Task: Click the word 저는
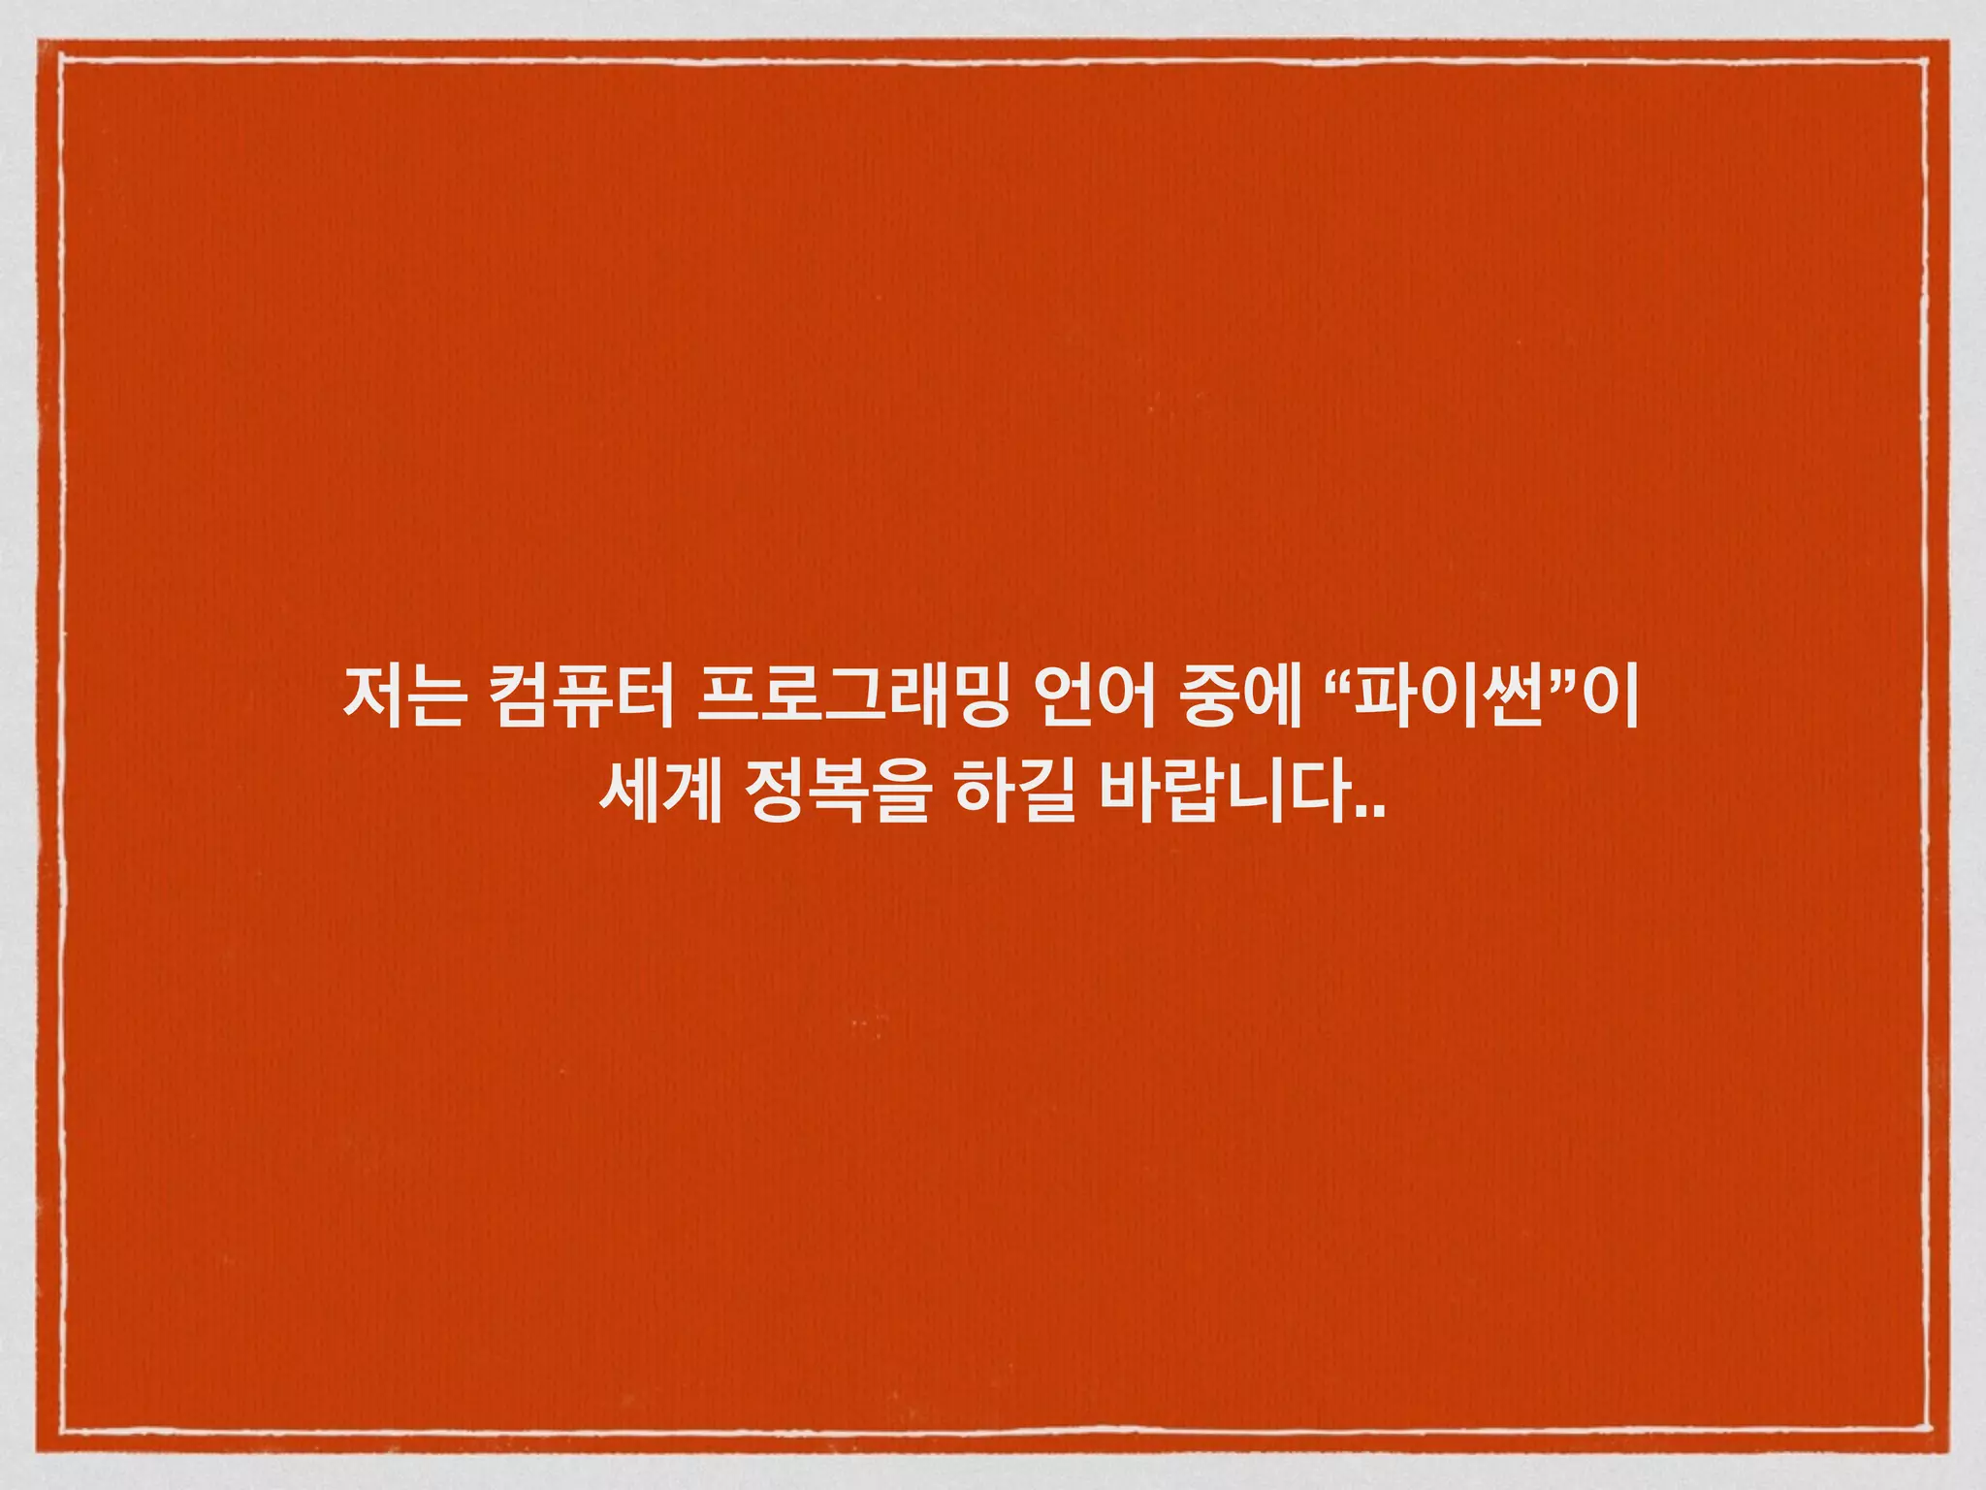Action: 405,697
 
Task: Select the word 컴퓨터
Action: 582,697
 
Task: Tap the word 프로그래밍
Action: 853,697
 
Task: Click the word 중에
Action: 1240,697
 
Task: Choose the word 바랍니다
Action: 1227,793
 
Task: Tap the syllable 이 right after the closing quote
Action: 1610,697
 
